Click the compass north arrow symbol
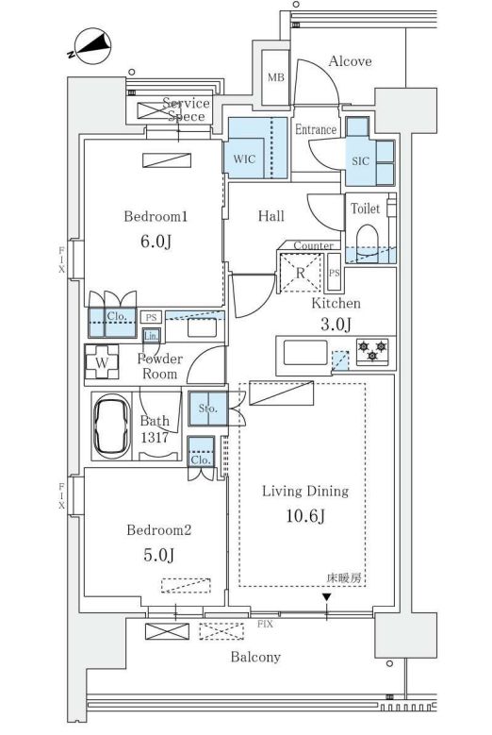click(92, 46)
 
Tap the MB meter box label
click(276, 76)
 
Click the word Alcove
click(351, 61)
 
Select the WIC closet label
click(244, 159)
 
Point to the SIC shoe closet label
click(360, 160)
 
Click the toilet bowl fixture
click(367, 242)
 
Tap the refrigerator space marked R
click(301, 273)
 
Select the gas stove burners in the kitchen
click(372, 351)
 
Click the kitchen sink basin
click(305, 352)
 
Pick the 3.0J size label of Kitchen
click(336, 324)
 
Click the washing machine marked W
click(102, 362)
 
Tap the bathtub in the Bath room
click(112, 426)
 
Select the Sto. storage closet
click(208, 409)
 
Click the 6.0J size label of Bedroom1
click(156, 242)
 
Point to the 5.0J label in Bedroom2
click(158, 555)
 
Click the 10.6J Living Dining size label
click(305, 515)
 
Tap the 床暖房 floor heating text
click(346, 578)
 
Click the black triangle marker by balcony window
click(327, 597)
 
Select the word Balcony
click(255, 657)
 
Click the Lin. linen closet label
click(151, 336)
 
